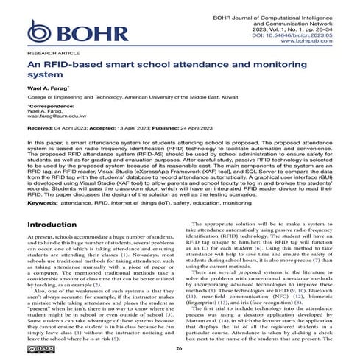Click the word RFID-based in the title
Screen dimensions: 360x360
(x=73, y=66)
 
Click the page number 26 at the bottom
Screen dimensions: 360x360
(x=180, y=349)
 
